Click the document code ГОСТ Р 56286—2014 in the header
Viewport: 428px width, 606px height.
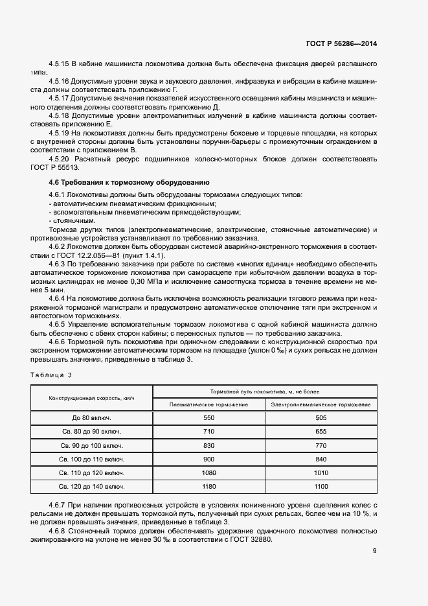341,44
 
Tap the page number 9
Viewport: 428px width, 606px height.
374,551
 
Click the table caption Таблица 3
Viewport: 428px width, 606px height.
51,375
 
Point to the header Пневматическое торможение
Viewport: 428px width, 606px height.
208,404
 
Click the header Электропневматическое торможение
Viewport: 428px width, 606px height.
321,404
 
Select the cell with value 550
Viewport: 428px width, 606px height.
208,418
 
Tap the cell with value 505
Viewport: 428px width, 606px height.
321,418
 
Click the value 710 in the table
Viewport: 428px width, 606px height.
208,432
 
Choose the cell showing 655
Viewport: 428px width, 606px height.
321,432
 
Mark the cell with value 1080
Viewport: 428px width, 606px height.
208,472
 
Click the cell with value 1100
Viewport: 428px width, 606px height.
321,486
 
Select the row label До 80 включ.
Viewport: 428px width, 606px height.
91,418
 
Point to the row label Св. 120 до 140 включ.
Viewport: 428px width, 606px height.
91,486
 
